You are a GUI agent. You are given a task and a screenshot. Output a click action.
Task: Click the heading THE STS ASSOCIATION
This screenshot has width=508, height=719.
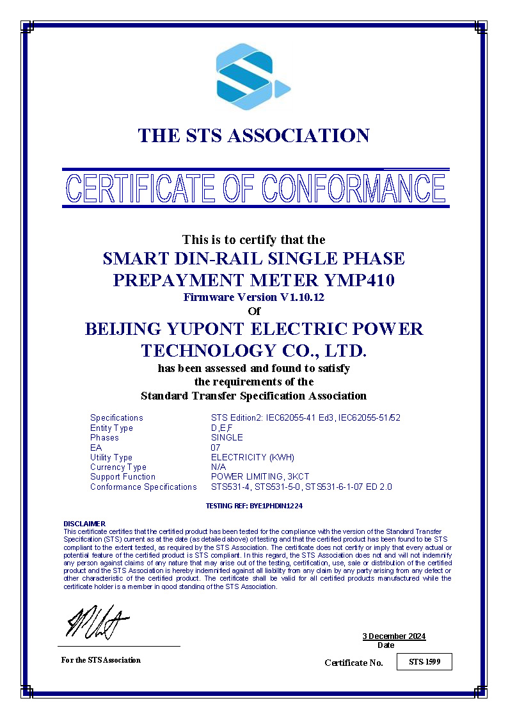254,136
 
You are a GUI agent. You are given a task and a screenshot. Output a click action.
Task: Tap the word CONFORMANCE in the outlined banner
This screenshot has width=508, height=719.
353,188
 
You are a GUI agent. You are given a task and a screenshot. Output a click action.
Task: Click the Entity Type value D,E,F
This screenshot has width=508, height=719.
222,428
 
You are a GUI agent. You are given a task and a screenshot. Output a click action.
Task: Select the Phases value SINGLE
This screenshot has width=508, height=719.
227,437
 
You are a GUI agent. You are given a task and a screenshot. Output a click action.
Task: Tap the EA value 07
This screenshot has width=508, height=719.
216,448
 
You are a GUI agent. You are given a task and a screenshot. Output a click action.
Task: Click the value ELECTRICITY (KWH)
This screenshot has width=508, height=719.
252,457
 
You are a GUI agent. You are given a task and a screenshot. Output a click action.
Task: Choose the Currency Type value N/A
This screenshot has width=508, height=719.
218,467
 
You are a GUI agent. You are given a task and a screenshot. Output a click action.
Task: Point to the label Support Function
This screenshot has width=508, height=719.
123,476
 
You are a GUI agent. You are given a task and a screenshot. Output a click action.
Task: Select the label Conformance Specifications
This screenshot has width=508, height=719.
143,487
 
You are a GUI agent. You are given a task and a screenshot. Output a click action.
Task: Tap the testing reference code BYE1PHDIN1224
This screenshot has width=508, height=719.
275,505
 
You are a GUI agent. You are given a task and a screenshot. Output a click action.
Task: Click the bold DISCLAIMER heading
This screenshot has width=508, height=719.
84,524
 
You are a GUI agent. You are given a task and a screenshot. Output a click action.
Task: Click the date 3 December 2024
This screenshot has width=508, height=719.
393,636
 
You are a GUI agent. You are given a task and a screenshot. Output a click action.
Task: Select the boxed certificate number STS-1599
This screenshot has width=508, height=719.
425,661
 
